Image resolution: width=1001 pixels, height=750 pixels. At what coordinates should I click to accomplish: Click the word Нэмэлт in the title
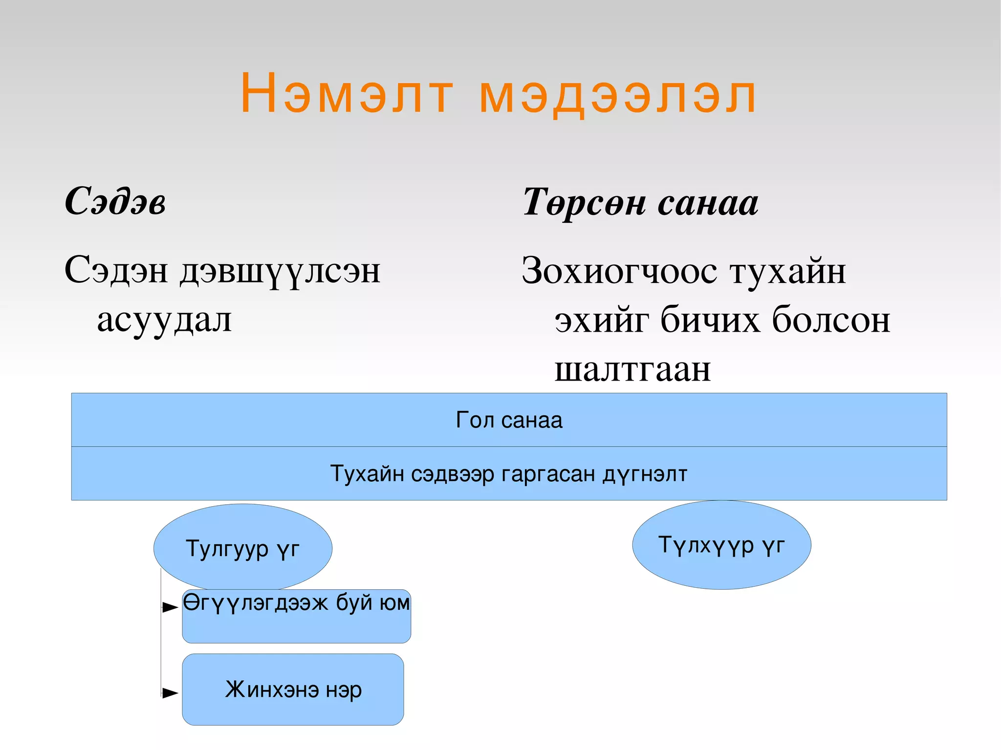[347, 93]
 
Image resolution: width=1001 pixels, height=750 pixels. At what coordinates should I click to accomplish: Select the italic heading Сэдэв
[115, 201]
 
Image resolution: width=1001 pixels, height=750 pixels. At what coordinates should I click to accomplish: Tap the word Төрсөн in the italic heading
[584, 202]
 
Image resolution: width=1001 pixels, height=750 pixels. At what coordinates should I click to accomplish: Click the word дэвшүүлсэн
[280, 271]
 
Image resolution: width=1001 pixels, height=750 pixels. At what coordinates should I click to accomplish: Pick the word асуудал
[164, 320]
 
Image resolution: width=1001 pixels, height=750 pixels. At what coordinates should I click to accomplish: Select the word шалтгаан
[632, 369]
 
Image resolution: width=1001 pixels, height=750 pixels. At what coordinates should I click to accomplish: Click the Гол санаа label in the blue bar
[509, 420]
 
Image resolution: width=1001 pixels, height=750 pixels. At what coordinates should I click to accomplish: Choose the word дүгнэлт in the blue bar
[645, 473]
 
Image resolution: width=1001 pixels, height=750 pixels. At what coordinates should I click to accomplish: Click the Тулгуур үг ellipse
[242, 548]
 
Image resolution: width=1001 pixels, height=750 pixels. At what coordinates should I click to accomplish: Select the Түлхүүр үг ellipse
[721, 545]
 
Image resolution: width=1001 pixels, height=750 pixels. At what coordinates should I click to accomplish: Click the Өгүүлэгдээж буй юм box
[296, 616]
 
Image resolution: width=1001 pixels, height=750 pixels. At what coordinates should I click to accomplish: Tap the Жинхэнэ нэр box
[293, 689]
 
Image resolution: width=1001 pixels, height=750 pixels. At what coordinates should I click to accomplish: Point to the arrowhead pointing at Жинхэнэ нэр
[170, 692]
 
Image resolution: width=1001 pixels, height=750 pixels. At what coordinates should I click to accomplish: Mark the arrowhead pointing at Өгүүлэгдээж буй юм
[170, 607]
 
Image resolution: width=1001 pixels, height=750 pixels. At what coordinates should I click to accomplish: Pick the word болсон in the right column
[831, 320]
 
